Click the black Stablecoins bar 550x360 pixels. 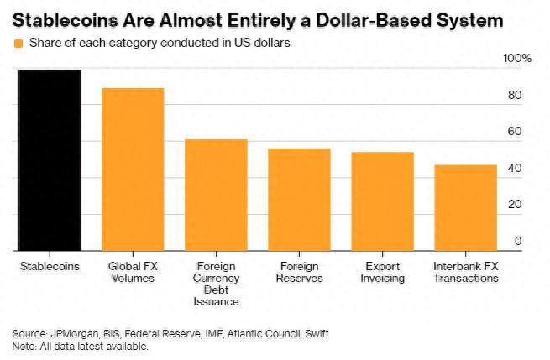(50, 159)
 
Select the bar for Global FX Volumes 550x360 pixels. (133, 169)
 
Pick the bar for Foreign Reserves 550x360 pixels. (299, 199)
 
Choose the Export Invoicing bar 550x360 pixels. (382, 201)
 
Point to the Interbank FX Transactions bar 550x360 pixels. (465, 207)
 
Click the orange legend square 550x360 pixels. (18, 42)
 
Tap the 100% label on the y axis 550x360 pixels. (516, 59)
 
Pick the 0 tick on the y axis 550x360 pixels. (517, 241)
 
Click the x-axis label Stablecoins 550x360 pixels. (50, 266)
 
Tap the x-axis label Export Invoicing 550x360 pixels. (382, 272)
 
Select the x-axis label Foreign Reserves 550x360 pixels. (299, 272)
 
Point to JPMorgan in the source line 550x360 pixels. (71, 334)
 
